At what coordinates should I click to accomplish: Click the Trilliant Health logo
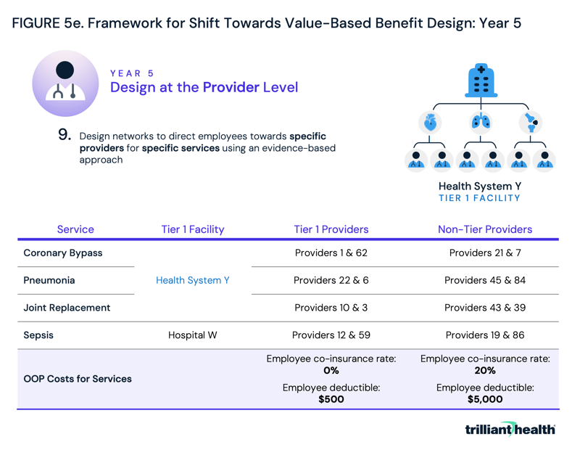point(510,429)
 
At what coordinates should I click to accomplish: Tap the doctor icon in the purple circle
point(65,83)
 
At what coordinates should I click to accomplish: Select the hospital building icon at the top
point(480,80)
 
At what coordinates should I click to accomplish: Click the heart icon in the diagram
point(430,122)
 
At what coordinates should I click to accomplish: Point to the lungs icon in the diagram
point(480,122)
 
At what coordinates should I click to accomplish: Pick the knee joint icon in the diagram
point(531,122)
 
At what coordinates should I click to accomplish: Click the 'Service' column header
point(75,229)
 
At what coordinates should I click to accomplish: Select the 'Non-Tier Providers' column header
point(485,229)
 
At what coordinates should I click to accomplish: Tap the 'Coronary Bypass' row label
point(63,253)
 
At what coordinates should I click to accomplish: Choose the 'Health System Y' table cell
point(193,280)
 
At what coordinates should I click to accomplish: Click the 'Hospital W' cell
point(193,335)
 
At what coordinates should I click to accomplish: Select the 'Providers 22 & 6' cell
point(331,280)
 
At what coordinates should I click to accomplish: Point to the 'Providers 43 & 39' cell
point(485,308)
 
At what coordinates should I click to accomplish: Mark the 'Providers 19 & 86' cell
point(485,335)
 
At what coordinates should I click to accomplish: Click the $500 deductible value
point(331,399)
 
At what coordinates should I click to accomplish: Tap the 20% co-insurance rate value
point(485,370)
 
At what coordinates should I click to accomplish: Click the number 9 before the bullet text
point(65,135)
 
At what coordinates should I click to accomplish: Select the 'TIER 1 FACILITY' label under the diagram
point(479,198)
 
